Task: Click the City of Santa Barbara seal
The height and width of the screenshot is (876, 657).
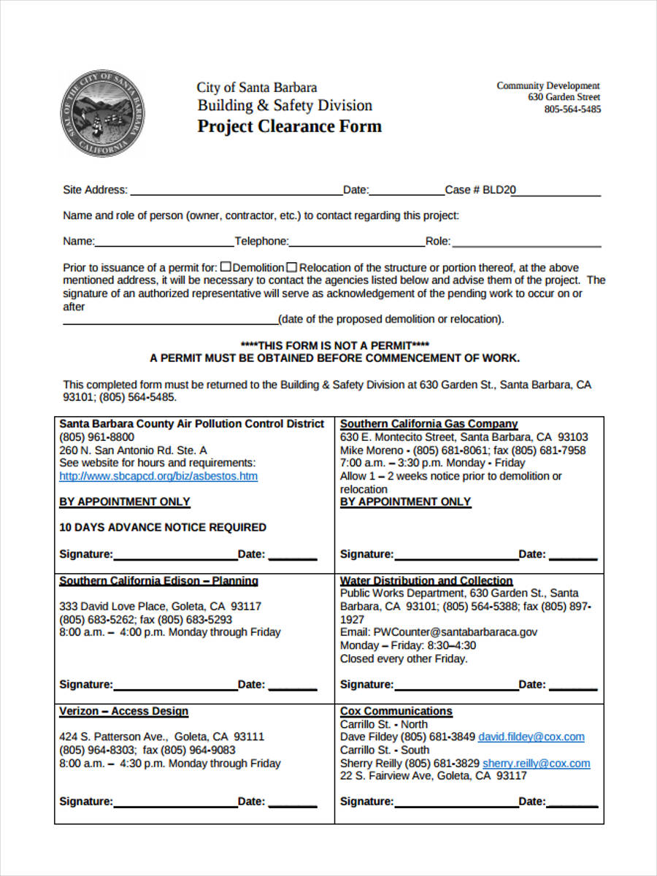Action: [x=101, y=115]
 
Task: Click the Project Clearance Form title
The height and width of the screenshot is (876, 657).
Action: [x=289, y=126]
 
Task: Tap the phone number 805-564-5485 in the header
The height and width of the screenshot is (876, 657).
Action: [x=572, y=109]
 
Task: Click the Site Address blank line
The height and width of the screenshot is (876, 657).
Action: [x=235, y=191]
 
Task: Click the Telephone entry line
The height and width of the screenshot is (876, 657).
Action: [x=357, y=242]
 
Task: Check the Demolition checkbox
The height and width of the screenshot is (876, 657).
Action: [x=226, y=267]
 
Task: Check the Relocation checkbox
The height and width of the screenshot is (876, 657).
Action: [x=291, y=267]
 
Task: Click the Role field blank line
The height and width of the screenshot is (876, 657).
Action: [x=526, y=242]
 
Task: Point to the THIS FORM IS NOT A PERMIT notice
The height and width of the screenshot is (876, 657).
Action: [x=334, y=345]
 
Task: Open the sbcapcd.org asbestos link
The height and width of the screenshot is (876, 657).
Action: [x=158, y=476]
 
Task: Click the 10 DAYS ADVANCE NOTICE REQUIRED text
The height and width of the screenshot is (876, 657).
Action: [x=162, y=527]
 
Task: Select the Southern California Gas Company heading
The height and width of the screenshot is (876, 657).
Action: [x=429, y=423]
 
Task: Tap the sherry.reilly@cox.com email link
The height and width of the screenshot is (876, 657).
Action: [x=536, y=763]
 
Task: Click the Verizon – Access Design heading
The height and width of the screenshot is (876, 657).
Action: [x=123, y=711]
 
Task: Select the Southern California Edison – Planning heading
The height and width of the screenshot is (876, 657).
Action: [x=158, y=580]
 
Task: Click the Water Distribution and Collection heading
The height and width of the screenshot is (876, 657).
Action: [x=426, y=580]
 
